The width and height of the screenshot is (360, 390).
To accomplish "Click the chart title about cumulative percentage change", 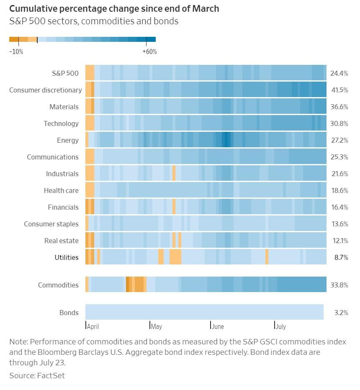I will pyautogui.click(x=114, y=9).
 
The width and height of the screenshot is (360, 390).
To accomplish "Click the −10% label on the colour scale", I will pyautogui.click(x=16, y=52).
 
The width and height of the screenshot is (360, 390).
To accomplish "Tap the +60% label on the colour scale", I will pyautogui.click(x=149, y=52).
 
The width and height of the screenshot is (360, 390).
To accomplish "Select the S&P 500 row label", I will pyautogui.click(x=65, y=73).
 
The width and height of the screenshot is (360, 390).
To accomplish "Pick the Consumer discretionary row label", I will pyautogui.click(x=45, y=90).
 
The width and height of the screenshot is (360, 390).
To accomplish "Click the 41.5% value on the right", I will pyautogui.click(x=339, y=90).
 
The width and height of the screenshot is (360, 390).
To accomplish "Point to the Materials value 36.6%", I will pyautogui.click(x=339, y=107).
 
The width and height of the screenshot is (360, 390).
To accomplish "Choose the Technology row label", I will pyautogui.click(x=61, y=123).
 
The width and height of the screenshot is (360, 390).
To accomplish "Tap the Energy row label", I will pyautogui.click(x=68, y=140).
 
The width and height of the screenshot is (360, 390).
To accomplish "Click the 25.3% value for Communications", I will pyautogui.click(x=339, y=157).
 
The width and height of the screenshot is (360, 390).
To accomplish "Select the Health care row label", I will pyautogui.click(x=61, y=190).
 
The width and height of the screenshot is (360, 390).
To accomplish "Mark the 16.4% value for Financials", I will pyautogui.click(x=339, y=207).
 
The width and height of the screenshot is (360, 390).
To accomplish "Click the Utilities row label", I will pyautogui.click(x=67, y=257).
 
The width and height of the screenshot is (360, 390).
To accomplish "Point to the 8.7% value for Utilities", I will pyautogui.click(x=341, y=257).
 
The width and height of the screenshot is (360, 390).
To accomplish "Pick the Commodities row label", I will pyautogui.click(x=58, y=285).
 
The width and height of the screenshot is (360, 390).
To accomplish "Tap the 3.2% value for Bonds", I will pyautogui.click(x=341, y=313).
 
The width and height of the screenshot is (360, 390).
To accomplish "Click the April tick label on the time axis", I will pyautogui.click(x=93, y=326).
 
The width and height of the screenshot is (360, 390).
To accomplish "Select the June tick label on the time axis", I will pyautogui.click(x=218, y=326).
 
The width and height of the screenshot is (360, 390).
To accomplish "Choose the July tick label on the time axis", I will pyautogui.click(x=281, y=326).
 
